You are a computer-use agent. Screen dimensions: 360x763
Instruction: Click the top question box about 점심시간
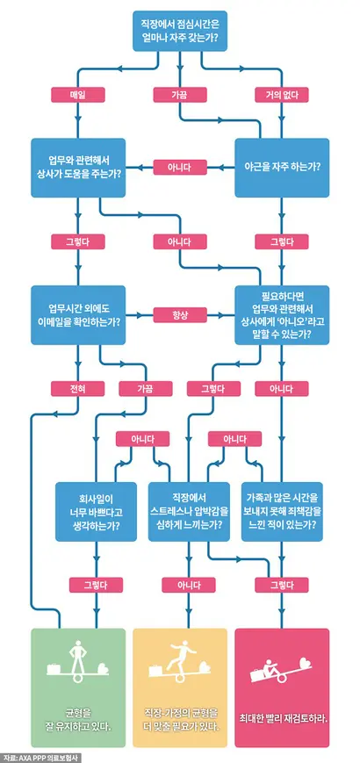pyautogui.click(x=180, y=31)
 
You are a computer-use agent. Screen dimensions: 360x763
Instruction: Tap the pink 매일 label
pyautogui.click(x=78, y=95)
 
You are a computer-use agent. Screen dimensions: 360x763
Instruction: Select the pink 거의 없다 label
pyautogui.click(x=282, y=95)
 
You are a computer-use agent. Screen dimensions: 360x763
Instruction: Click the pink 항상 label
pyautogui.click(x=180, y=315)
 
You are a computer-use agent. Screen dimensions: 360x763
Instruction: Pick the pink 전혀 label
pyautogui.click(x=78, y=388)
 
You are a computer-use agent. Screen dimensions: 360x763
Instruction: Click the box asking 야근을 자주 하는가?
pyautogui.click(x=282, y=168)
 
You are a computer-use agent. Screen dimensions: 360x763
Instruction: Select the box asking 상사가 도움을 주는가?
pyautogui.click(x=78, y=168)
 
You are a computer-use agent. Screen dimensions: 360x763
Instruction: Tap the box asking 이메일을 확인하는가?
pyautogui.click(x=78, y=315)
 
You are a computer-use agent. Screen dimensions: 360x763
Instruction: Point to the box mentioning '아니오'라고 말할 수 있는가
pyautogui.click(x=282, y=315)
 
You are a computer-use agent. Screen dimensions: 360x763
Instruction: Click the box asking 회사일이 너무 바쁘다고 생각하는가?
pyautogui.click(x=96, y=511)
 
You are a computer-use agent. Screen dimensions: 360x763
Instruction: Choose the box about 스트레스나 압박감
pyautogui.click(x=189, y=511)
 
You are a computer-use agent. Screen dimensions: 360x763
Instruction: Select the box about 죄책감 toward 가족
pyautogui.click(x=282, y=511)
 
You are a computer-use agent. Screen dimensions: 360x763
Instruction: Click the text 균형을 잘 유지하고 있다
pyautogui.click(x=78, y=708)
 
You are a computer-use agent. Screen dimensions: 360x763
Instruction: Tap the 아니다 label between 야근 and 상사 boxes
pyautogui.click(x=180, y=168)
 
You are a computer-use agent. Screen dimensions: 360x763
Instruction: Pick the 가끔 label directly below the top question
pyautogui.click(x=180, y=95)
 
